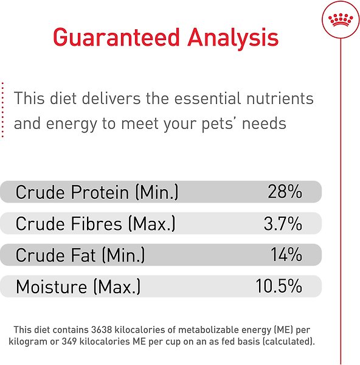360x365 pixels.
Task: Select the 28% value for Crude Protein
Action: (285, 193)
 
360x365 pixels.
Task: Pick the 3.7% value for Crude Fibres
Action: (283, 224)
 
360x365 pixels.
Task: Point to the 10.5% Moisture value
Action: (279, 286)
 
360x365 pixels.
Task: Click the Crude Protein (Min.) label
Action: (97, 193)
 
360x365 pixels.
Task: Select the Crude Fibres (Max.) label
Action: (95, 224)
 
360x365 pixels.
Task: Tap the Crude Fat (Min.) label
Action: (80, 255)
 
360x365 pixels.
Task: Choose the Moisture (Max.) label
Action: (78, 286)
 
